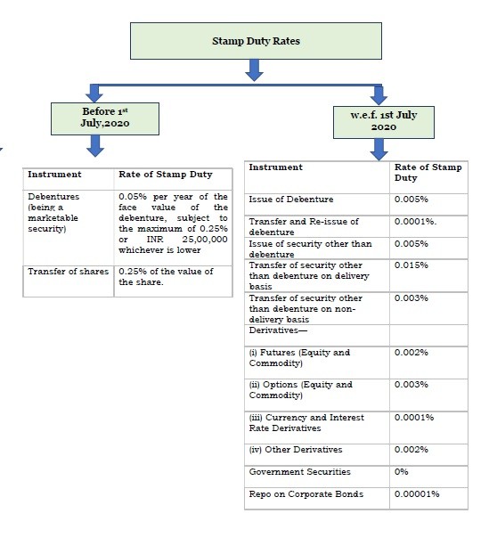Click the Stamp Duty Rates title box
click(x=257, y=41)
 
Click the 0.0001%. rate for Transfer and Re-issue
click(x=415, y=221)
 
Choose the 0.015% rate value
click(x=411, y=265)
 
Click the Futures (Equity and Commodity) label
click(x=299, y=357)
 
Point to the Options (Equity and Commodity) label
click(x=300, y=389)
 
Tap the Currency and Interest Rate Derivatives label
click(x=306, y=422)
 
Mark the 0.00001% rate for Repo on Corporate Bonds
click(x=417, y=493)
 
